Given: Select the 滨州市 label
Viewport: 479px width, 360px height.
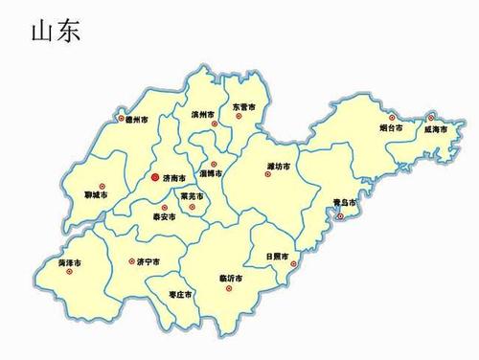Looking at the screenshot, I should tap(201, 114).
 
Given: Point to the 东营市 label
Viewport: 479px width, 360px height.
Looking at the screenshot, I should tap(243, 107).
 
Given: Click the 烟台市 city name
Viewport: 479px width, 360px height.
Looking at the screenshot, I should tap(390, 125).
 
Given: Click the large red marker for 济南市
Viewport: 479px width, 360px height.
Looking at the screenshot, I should tap(155, 177).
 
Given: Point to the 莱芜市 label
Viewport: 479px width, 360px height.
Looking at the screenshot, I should tap(193, 196).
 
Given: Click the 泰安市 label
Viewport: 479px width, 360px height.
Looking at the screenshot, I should tap(165, 217).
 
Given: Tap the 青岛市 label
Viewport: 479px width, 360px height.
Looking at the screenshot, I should tap(344, 204).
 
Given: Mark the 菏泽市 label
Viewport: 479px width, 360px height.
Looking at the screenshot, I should tap(67, 261).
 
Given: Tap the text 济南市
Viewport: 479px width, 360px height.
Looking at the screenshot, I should tap(175, 178).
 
